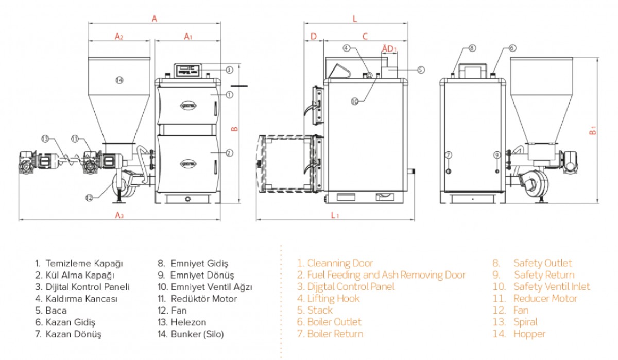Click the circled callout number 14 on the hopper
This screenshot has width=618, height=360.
click(x=119, y=80)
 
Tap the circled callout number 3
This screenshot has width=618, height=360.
click(x=229, y=70)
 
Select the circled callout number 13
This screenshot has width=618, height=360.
click(x=45, y=139)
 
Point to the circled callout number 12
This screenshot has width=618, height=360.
click(x=89, y=197)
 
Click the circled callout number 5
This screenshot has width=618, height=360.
click(x=421, y=69)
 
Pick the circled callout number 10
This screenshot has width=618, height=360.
click(x=354, y=101)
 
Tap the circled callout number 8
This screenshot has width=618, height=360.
click(x=473, y=48)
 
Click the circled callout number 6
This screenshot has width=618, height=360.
click(x=512, y=48)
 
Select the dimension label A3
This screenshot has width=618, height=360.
click(x=119, y=216)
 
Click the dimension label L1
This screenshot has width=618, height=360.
click(x=335, y=216)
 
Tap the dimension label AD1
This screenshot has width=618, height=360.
click(x=389, y=48)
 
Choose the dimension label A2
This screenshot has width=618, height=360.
click(x=119, y=36)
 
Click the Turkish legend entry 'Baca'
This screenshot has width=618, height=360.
click(x=56, y=311)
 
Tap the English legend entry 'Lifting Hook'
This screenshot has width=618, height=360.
click(x=333, y=298)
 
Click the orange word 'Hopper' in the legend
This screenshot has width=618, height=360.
click(x=529, y=334)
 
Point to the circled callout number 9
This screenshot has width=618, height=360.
click(x=496, y=155)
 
